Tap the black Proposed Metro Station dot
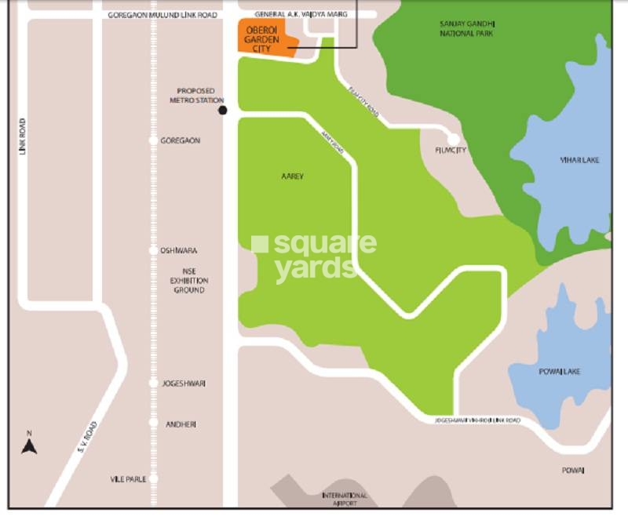pos(222,111)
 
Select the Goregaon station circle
pos(153,140)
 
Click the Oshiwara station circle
pos(153,251)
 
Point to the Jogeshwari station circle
pos(153,383)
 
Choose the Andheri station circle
pos(153,423)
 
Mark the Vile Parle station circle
pos(153,478)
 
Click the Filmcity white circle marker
pos(453,139)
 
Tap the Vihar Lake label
pos(579,160)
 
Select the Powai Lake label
pos(560,371)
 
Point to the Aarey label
pos(292,176)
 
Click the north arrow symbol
pos(29,445)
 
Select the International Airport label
pos(344,500)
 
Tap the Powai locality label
pos(572,470)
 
